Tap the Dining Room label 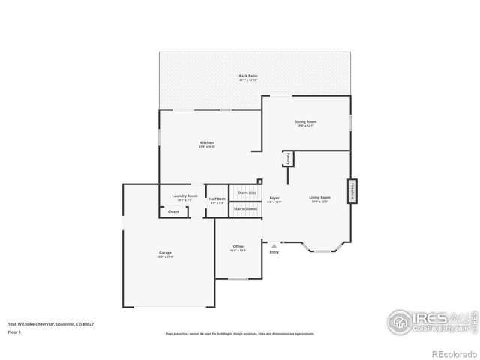pyautogui.click(x=305, y=121)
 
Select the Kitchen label pyautogui.click(x=206, y=143)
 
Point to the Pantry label pyautogui.click(x=288, y=159)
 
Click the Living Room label pyautogui.click(x=320, y=198)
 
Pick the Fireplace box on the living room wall pyautogui.click(x=350, y=191)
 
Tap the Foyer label pyautogui.click(x=274, y=198)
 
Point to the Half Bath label pyautogui.click(x=217, y=199)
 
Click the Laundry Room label pyautogui.click(x=184, y=196)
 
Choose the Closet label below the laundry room pyautogui.click(x=173, y=212)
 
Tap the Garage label pyautogui.click(x=165, y=253)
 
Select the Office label pyautogui.click(x=238, y=247)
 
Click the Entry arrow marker pyautogui.click(x=274, y=244)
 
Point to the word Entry pyautogui.click(x=274, y=252)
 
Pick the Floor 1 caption pyautogui.click(x=15, y=331)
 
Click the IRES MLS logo pyautogui.click(x=430, y=320)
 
